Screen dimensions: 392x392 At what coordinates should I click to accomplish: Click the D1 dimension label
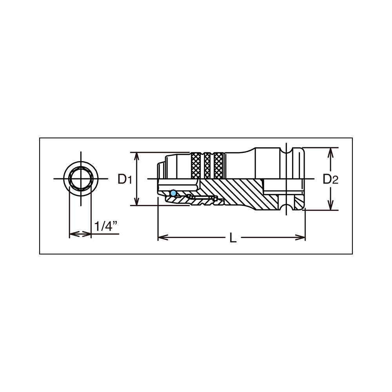pyautogui.click(x=125, y=179)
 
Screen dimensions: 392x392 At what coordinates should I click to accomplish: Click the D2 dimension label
pyautogui.click(x=330, y=179)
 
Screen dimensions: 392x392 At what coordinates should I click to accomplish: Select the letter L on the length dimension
pyautogui.click(x=233, y=238)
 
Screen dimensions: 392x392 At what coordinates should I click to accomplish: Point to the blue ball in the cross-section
pyautogui.click(x=173, y=193)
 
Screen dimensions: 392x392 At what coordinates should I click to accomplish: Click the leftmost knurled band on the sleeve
pyautogui.click(x=196, y=166)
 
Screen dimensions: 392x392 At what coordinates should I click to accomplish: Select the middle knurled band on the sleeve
pyautogui.click(x=207, y=166)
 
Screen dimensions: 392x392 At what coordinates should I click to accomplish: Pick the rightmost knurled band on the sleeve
pyautogui.click(x=218, y=166)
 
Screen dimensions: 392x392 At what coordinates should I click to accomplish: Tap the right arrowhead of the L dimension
pyautogui.click(x=300, y=237)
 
